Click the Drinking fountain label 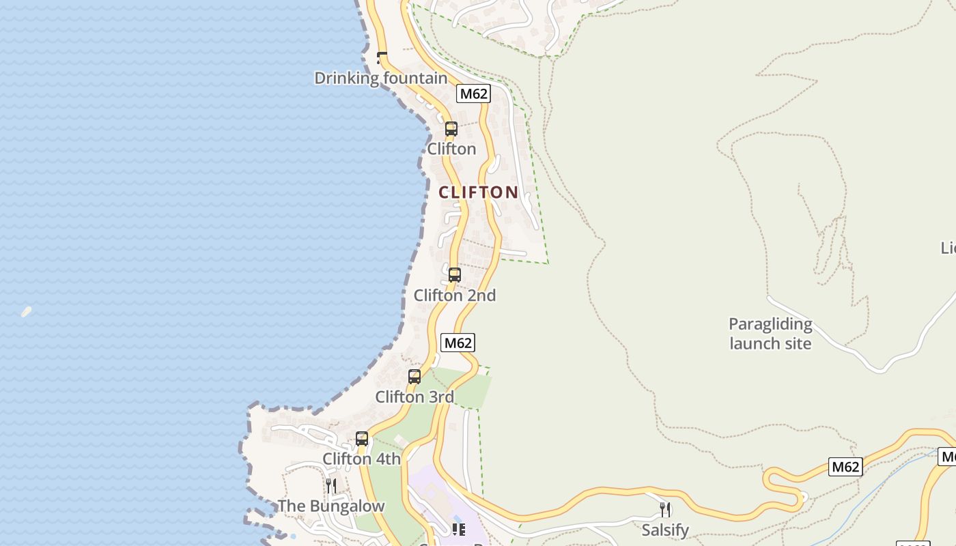pyautogui.click(x=380, y=78)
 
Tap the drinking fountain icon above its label pyautogui.click(x=382, y=57)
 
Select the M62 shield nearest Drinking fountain pyautogui.click(x=473, y=94)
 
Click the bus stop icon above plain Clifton pyautogui.click(x=451, y=128)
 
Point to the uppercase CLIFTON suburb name pyautogui.click(x=479, y=192)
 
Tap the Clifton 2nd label pyautogui.click(x=455, y=296)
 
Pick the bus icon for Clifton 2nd pyautogui.click(x=454, y=274)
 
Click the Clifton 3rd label pyautogui.click(x=414, y=397)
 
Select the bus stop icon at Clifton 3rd pyautogui.click(x=414, y=376)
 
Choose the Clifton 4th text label pyautogui.click(x=361, y=459)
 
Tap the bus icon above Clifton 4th pyautogui.click(x=362, y=438)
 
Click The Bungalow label pyautogui.click(x=331, y=506)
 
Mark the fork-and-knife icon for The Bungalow pyautogui.click(x=331, y=485)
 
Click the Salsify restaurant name pyautogui.click(x=665, y=530)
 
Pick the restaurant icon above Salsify pyautogui.click(x=665, y=509)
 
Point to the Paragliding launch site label pyautogui.click(x=770, y=334)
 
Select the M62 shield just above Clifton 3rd pyautogui.click(x=458, y=343)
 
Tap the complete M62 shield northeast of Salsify pyautogui.click(x=845, y=467)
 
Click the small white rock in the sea pyautogui.click(x=26, y=312)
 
